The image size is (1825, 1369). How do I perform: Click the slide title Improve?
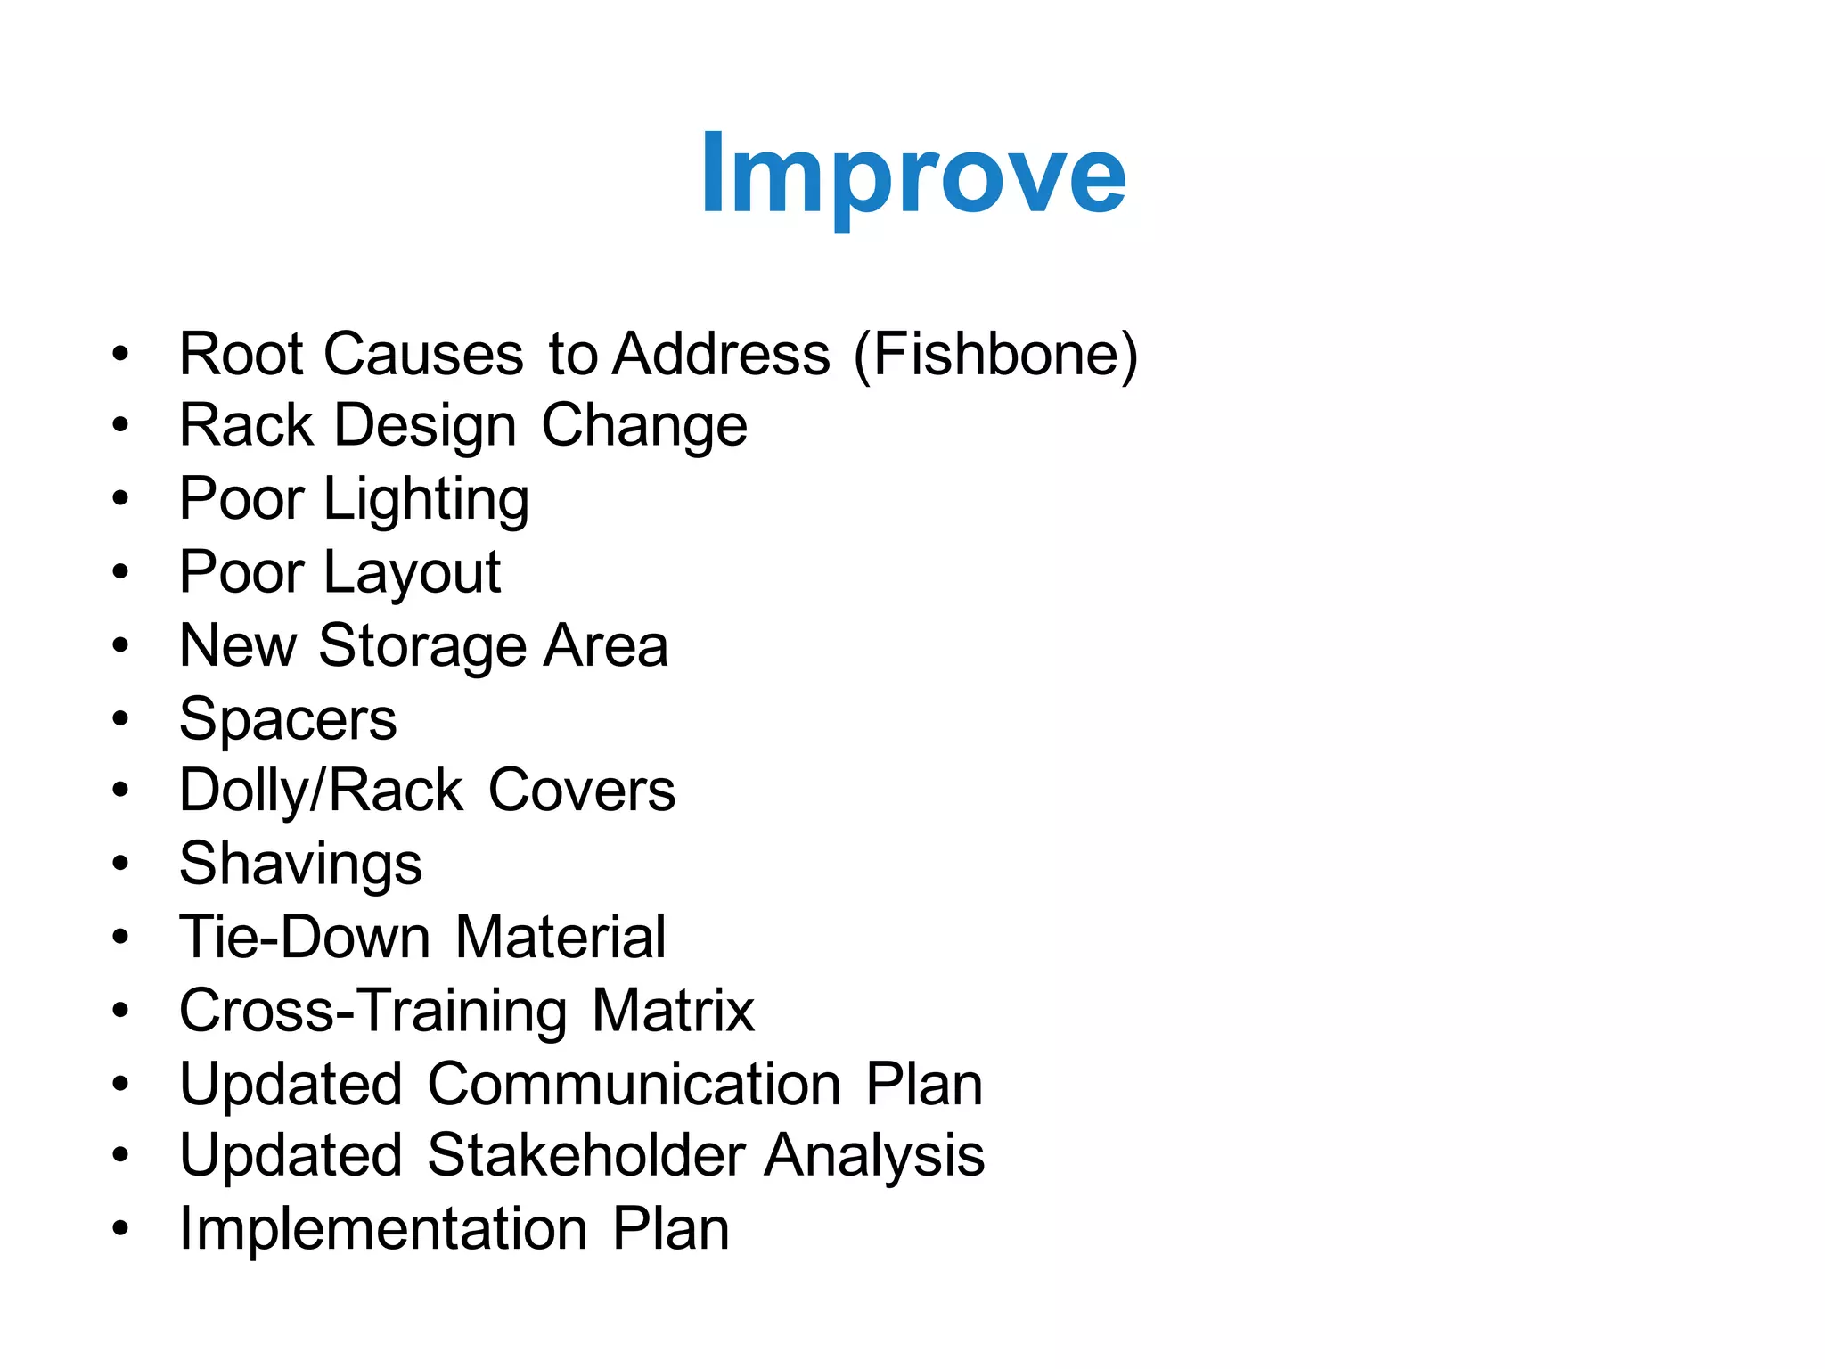913,174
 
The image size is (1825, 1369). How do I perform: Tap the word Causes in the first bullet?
423,355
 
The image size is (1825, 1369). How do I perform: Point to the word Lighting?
426,500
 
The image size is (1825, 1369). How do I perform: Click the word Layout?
412,573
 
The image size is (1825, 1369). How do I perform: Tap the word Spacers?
288,719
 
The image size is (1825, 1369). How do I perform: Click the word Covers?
582,791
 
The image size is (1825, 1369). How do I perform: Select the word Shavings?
300,865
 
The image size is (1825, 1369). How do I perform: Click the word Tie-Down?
305,938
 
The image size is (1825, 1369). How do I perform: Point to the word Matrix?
673,1011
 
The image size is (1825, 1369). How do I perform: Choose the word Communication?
634,1084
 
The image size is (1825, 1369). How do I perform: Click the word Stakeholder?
585,1156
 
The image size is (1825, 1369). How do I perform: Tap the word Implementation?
383,1229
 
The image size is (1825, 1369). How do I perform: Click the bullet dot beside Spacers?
120,718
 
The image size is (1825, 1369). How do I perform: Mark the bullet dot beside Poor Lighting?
120,498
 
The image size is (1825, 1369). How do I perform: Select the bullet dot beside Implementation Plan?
120,1229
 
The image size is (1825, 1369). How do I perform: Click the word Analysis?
874,1156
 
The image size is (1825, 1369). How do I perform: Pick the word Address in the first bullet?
722,355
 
